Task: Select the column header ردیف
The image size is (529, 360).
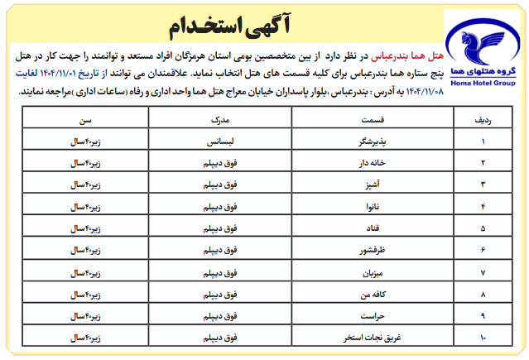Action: (483, 121)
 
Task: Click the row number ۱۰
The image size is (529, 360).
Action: (483, 338)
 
